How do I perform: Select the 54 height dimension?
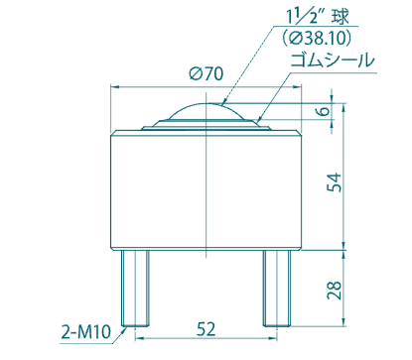pos(336,182)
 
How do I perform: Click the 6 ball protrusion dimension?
pos(322,112)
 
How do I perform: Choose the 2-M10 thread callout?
pos(85,332)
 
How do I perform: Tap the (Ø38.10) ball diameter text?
pos(317,38)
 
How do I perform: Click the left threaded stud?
pos(135,287)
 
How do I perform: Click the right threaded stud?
pos(275,287)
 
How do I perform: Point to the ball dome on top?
pos(206,112)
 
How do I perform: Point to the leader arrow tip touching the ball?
pos(223,103)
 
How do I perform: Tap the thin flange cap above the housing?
pos(206,128)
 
